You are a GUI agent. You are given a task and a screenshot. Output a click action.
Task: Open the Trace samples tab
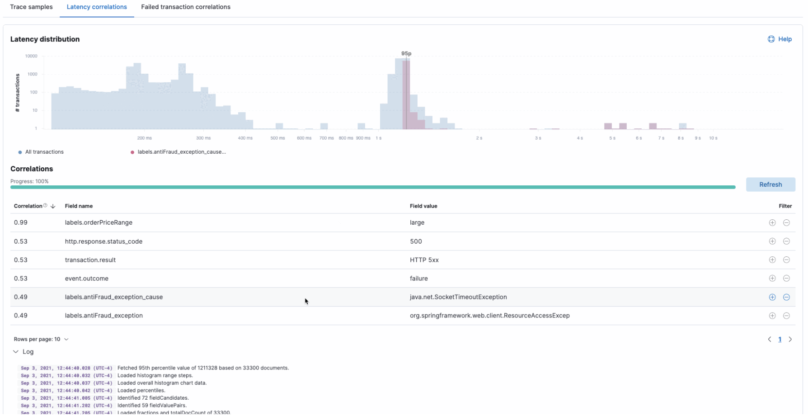[x=31, y=7]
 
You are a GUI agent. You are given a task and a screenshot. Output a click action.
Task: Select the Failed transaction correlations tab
[x=185, y=7]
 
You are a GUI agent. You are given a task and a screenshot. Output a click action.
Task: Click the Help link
[x=780, y=39]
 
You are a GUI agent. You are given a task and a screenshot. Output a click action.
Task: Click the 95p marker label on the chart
[x=406, y=53]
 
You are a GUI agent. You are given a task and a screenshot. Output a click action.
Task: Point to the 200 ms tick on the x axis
[x=144, y=138]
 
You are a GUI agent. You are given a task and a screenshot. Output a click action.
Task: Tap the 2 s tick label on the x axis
[x=479, y=138]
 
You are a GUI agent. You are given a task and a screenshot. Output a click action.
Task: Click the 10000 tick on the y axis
[x=31, y=56]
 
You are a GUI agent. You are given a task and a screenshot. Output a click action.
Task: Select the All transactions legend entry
[x=44, y=152]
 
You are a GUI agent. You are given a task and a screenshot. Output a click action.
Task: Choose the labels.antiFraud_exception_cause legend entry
[x=181, y=152]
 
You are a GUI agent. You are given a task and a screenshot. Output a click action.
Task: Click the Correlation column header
[x=28, y=206]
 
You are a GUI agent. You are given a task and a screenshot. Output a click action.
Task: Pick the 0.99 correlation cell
[x=21, y=222]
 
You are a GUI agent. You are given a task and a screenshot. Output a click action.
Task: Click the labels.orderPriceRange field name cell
[x=99, y=222]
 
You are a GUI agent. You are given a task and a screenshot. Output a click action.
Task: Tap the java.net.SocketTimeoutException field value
[x=458, y=297]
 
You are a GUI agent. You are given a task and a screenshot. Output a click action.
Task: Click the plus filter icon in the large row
[x=772, y=222]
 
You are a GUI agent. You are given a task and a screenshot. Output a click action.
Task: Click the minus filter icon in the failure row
[x=786, y=279]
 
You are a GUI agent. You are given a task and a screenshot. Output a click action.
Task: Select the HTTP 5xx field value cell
[x=424, y=260]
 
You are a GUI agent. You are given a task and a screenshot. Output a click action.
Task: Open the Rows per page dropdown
[x=41, y=339]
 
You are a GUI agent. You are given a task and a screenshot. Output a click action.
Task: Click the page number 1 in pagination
[x=780, y=339]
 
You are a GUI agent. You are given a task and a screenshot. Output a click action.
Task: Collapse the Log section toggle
[x=16, y=352]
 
